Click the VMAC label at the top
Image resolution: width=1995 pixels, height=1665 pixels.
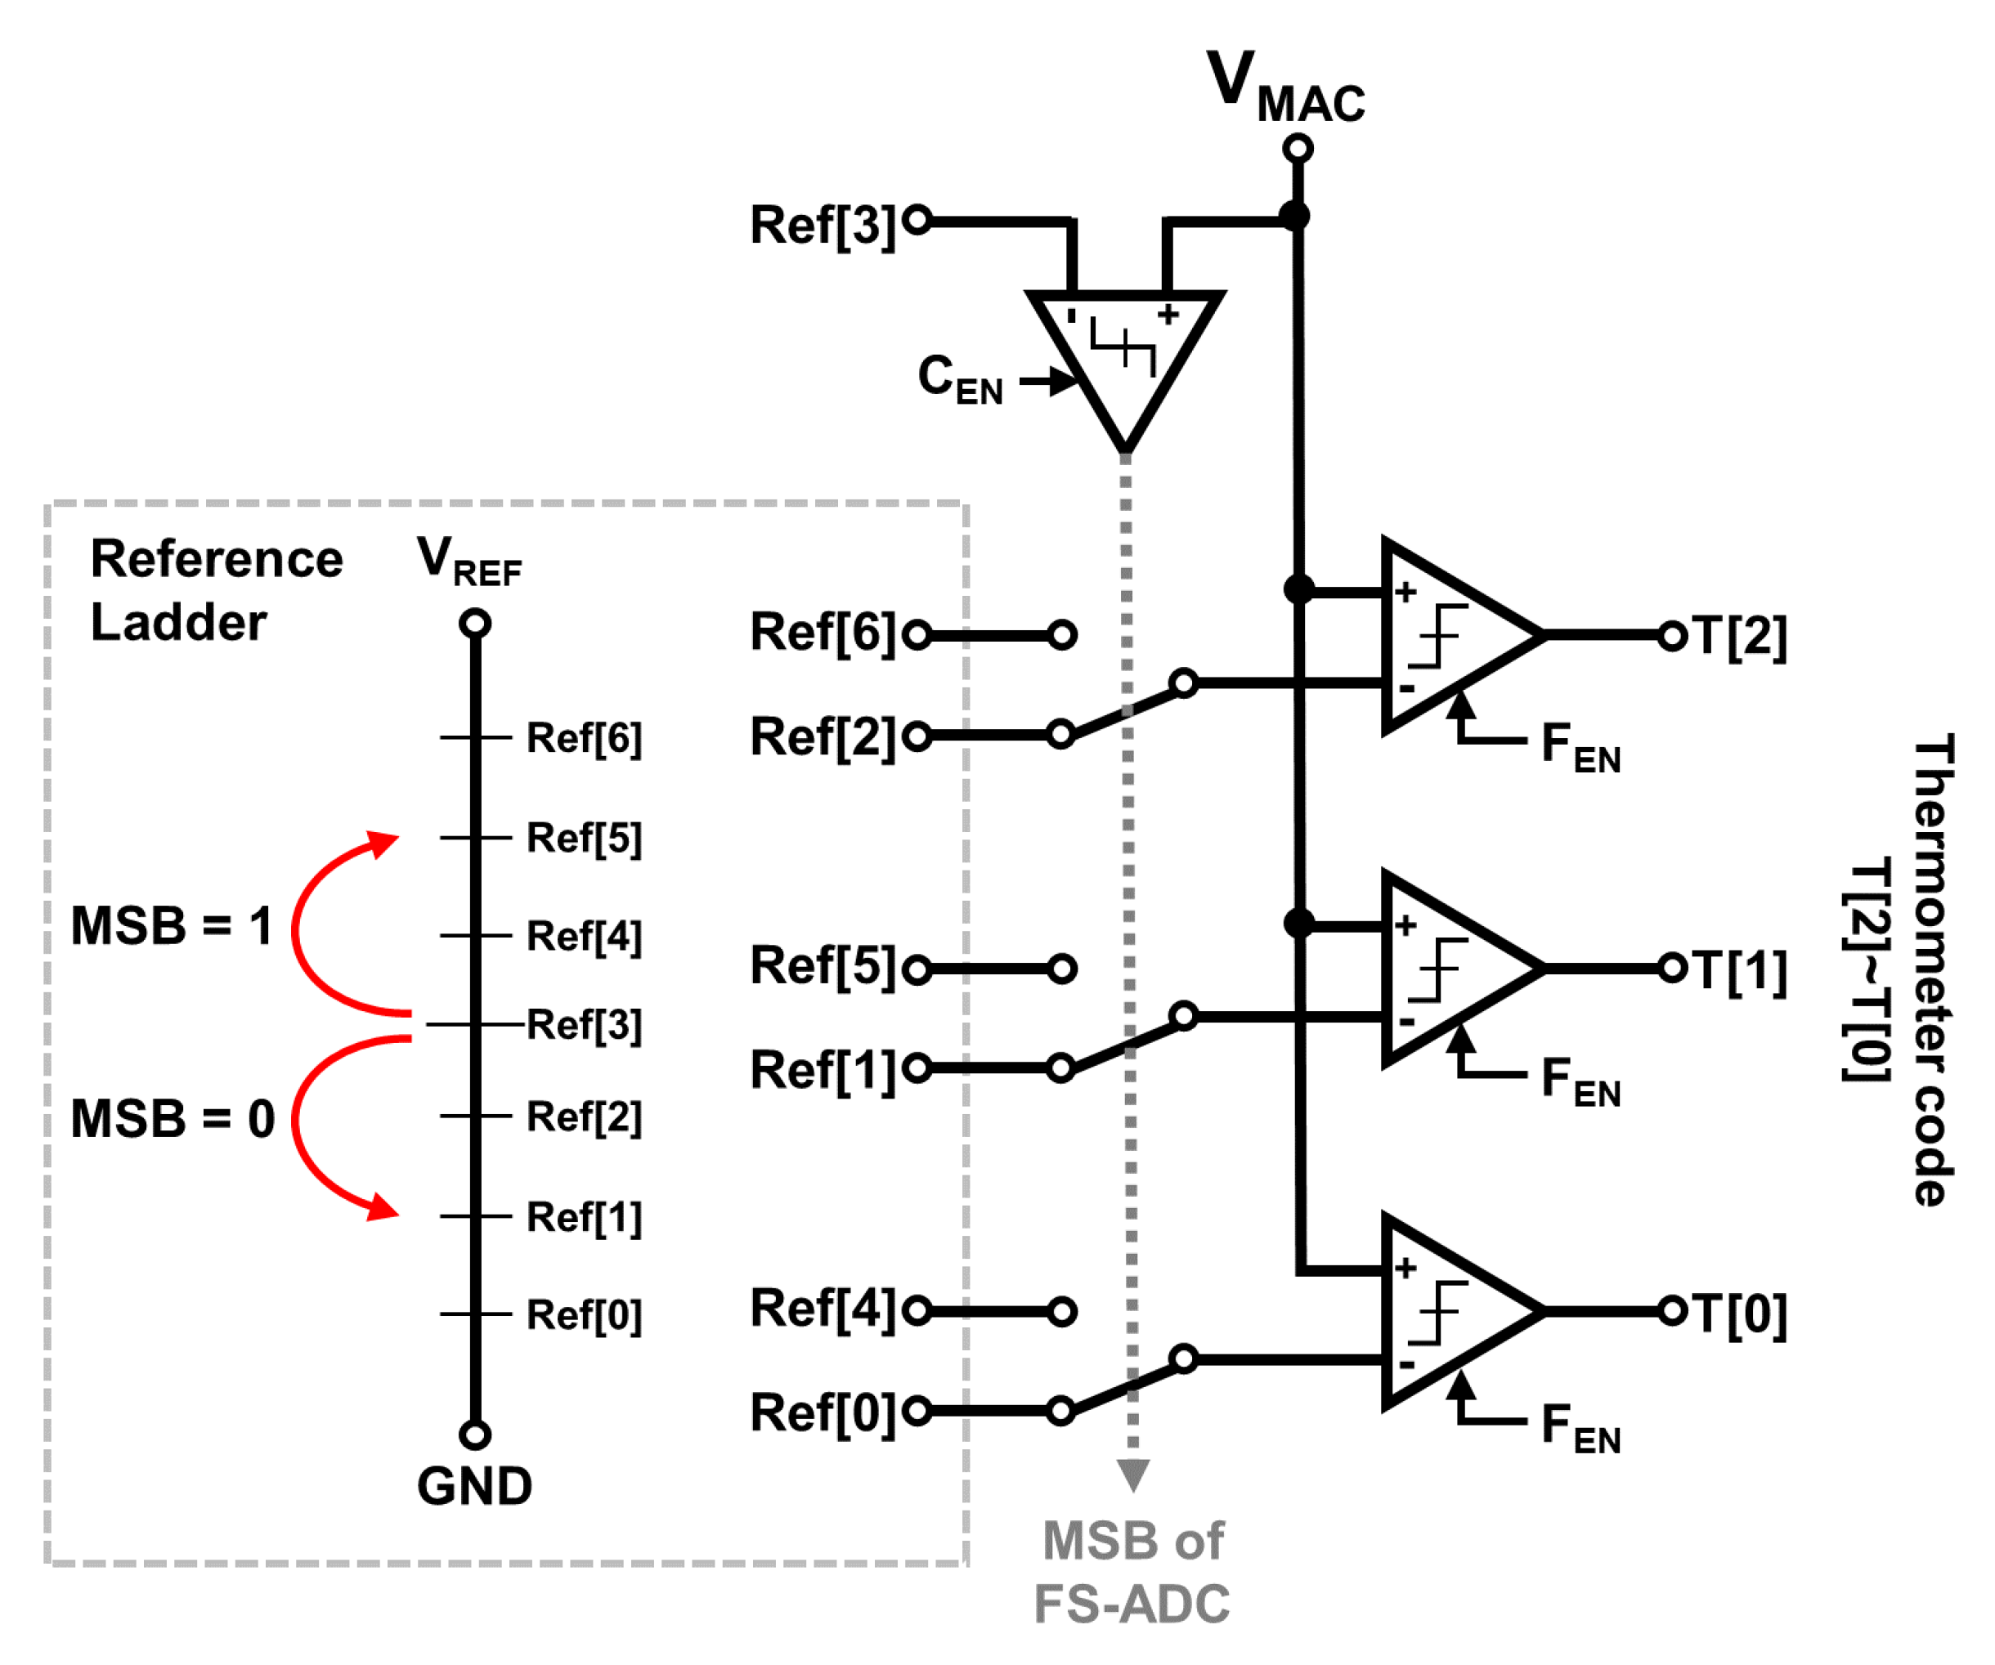[1284, 87]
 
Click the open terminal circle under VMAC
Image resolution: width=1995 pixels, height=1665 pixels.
[1298, 149]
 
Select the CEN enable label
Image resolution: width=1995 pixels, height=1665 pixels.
[960, 379]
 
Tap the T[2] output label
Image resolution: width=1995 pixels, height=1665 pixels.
[1741, 637]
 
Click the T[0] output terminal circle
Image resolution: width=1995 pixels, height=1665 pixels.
[1672, 1311]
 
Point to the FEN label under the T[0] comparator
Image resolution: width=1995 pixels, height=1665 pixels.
[1580, 1427]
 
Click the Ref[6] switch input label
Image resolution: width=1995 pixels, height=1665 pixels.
[823, 633]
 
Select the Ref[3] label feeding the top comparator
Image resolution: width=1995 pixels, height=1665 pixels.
[823, 225]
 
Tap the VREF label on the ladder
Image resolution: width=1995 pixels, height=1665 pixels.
[468, 562]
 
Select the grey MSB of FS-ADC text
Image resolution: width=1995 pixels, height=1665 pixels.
[1132, 1572]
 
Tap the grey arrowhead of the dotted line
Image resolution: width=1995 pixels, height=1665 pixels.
[1132, 1474]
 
